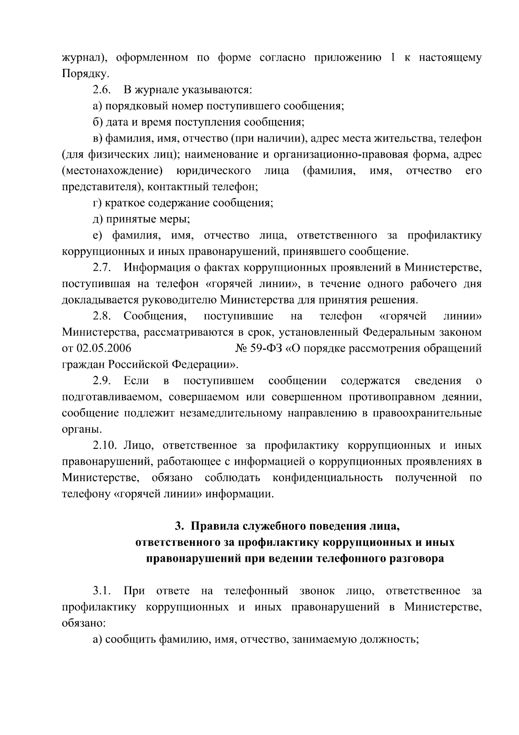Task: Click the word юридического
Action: click(x=214, y=171)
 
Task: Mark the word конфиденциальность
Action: click(x=327, y=478)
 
